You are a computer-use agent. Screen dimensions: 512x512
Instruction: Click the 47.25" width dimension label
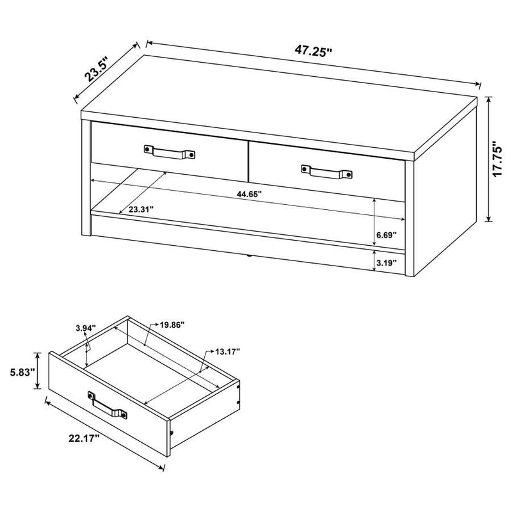point(313,51)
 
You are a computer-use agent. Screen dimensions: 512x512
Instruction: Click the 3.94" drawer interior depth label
point(85,328)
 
